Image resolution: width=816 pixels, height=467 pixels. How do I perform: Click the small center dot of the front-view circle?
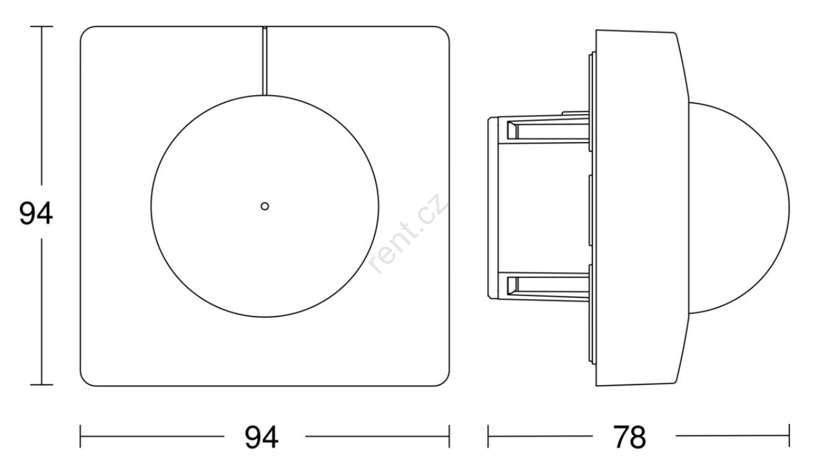(x=265, y=206)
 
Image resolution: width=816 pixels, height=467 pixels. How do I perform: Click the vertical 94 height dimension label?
(x=36, y=213)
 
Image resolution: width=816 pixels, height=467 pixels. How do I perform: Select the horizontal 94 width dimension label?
(x=261, y=437)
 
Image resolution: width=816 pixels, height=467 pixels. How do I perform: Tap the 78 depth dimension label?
(x=629, y=437)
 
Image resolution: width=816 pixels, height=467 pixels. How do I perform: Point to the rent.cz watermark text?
(x=407, y=233)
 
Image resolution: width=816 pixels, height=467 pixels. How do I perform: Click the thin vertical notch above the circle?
(x=265, y=60)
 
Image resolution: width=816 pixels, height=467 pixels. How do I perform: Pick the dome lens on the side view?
(x=739, y=208)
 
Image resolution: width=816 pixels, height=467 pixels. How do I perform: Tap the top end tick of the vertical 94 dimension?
(x=41, y=27)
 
